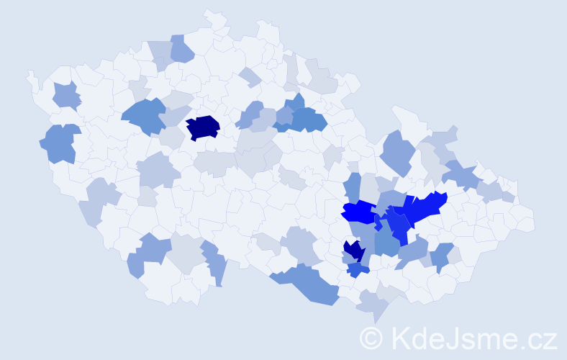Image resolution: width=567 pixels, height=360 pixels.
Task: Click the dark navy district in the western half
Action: click(203, 127)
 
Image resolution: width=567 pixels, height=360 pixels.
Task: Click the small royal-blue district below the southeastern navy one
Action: click(358, 270)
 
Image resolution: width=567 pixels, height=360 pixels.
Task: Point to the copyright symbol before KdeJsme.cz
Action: click(371, 338)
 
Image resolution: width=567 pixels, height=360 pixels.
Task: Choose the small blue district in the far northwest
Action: click(65, 96)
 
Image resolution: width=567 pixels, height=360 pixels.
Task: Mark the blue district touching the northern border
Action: click(182, 49)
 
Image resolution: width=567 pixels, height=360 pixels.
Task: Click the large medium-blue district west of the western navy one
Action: click(144, 116)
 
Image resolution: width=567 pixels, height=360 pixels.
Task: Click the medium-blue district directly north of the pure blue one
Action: click(353, 187)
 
